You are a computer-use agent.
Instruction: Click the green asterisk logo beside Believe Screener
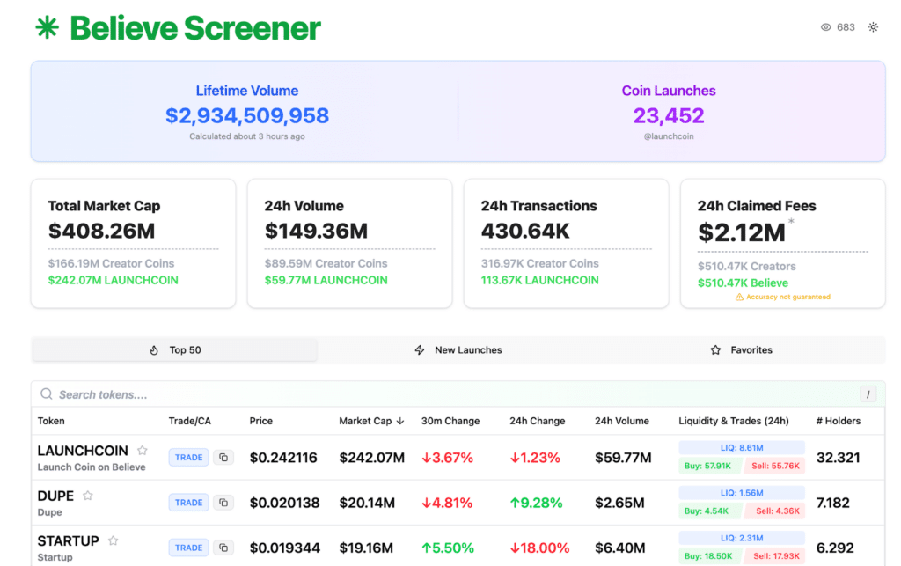[x=48, y=27]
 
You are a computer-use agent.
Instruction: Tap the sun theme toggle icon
[x=873, y=27]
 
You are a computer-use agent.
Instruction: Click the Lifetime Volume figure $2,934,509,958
[x=247, y=115]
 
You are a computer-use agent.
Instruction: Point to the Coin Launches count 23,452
[x=669, y=115]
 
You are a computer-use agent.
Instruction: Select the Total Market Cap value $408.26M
[x=102, y=231]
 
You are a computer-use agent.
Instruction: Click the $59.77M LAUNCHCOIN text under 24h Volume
[x=326, y=281]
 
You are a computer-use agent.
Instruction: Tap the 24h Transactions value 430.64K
[x=525, y=231]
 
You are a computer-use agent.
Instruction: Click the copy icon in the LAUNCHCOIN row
[x=223, y=458]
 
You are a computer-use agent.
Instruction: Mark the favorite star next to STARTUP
[x=114, y=540]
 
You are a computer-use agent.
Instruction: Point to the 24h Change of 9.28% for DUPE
[x=536, y=503]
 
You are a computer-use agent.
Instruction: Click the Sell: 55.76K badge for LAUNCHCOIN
[x=774, y=466]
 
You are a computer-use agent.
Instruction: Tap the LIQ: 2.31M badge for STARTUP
[x=742, y=539]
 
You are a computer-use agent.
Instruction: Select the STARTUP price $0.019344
[x=284, y=548]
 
